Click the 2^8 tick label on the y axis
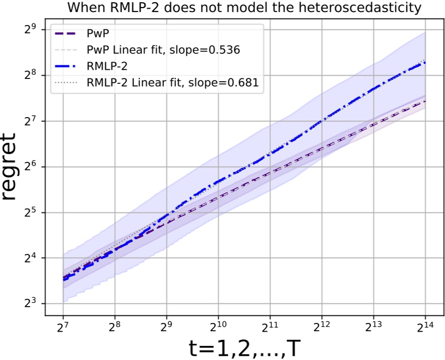31,74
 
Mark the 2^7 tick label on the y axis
31,120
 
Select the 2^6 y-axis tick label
31,166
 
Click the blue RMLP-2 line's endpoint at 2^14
425,63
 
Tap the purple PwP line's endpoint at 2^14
425,101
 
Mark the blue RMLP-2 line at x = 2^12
321,120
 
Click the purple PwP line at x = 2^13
373,125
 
